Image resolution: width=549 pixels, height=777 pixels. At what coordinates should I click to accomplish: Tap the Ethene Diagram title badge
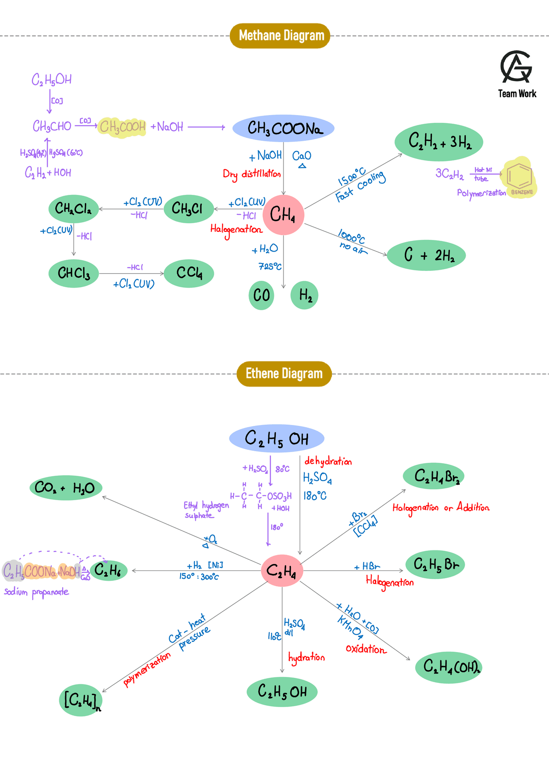coord(284,374)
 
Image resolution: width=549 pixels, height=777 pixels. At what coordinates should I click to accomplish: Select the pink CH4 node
coord(283,215)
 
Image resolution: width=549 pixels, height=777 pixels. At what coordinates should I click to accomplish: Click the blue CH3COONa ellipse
coord(284,128)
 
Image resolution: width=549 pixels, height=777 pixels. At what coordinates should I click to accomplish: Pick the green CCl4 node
coord(189,273)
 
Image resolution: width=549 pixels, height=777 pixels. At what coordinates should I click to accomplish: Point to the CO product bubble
coord(261,295)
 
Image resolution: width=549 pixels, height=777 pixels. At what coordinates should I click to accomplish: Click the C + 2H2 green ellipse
coord(426,255)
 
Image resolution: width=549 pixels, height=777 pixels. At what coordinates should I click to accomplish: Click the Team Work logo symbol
coord(516,67)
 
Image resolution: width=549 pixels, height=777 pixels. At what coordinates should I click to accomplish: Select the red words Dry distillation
coord(251,174)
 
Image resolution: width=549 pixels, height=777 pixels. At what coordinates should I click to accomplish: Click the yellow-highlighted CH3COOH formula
coord(122,127)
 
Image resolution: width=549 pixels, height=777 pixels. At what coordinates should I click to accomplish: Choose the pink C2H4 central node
coord(282,571)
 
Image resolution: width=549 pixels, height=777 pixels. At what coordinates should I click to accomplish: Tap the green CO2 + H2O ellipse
coord(66,488)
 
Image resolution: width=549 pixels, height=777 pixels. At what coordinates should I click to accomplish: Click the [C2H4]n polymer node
coord(81,701)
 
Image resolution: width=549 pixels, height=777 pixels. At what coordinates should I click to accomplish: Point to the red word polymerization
coord(147,670)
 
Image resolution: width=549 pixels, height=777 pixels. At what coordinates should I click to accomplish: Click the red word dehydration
coord(328,461)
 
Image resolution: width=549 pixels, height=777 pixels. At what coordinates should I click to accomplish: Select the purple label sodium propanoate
coord(36,592)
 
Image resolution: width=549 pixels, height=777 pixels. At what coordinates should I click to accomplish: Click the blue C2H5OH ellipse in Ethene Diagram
coord(277,439)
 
